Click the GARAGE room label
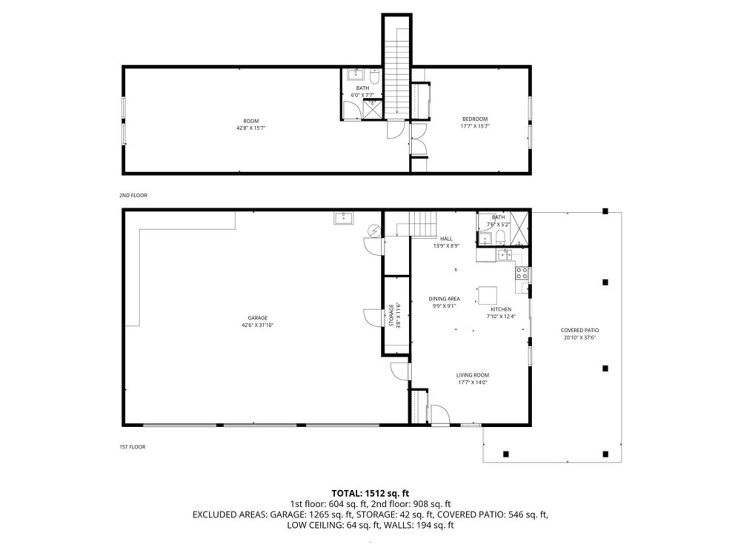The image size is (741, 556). pos(257,318)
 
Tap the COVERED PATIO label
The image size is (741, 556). pos(580,330)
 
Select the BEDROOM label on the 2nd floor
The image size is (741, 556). pos(475,119)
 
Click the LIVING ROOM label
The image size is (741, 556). pos(473,375)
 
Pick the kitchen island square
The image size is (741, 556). pos(488,296)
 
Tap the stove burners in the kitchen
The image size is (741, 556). pos(521,273)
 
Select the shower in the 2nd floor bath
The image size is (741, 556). pos(372,109)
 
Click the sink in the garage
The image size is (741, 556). pos(344,218)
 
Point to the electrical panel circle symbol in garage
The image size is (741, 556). pos(374,231)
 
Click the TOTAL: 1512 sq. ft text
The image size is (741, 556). pos(370,493)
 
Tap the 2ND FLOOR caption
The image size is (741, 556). pos(133,195)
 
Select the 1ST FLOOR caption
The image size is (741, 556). pos(132,447)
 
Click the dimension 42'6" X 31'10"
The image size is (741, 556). pos(257,325)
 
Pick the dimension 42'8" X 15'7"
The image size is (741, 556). pos(251,128)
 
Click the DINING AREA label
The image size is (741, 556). pos(444,299)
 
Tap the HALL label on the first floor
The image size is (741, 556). pos(446,239)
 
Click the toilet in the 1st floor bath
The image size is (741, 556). pos(500,238)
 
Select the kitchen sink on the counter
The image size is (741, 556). pos(505,255)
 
